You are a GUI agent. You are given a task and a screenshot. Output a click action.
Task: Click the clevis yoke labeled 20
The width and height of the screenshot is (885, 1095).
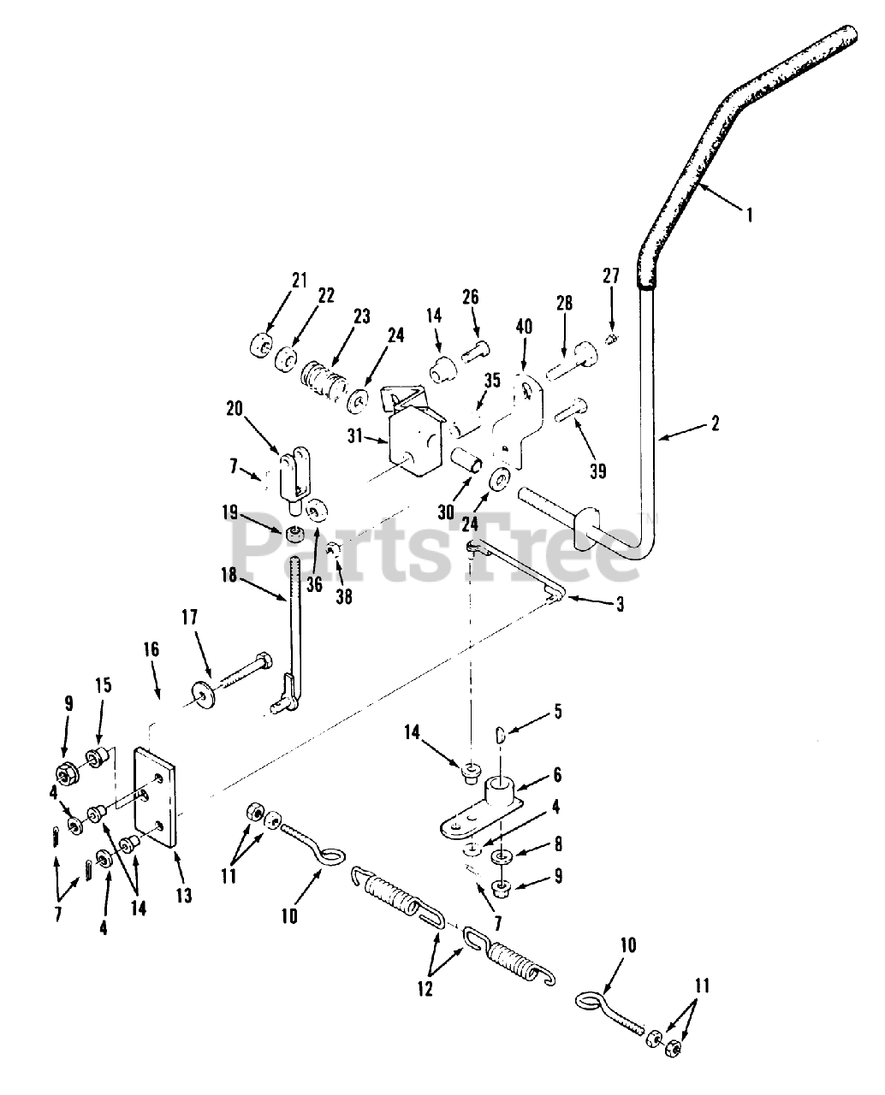291,472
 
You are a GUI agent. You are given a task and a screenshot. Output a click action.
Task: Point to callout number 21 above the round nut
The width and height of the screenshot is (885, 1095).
275,280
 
